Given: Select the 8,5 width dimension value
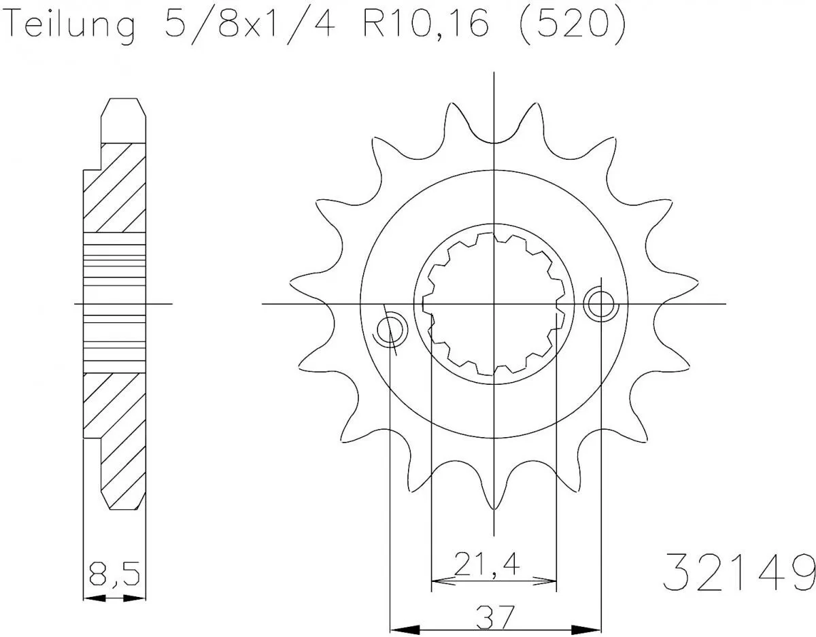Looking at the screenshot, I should pos(114,576).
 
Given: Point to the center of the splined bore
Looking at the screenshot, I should pos(494,303).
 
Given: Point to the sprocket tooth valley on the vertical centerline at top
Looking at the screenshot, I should pos(494,141).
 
